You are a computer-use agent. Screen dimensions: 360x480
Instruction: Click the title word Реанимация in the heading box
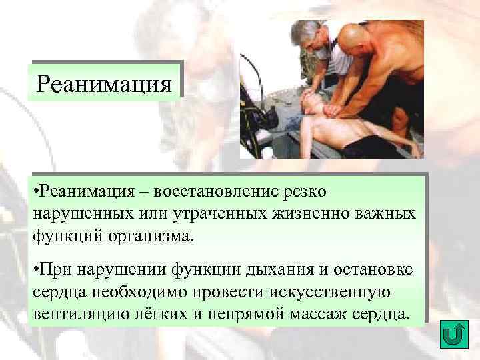pos(105,84)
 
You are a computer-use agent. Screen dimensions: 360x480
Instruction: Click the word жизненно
pos(309,214)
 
